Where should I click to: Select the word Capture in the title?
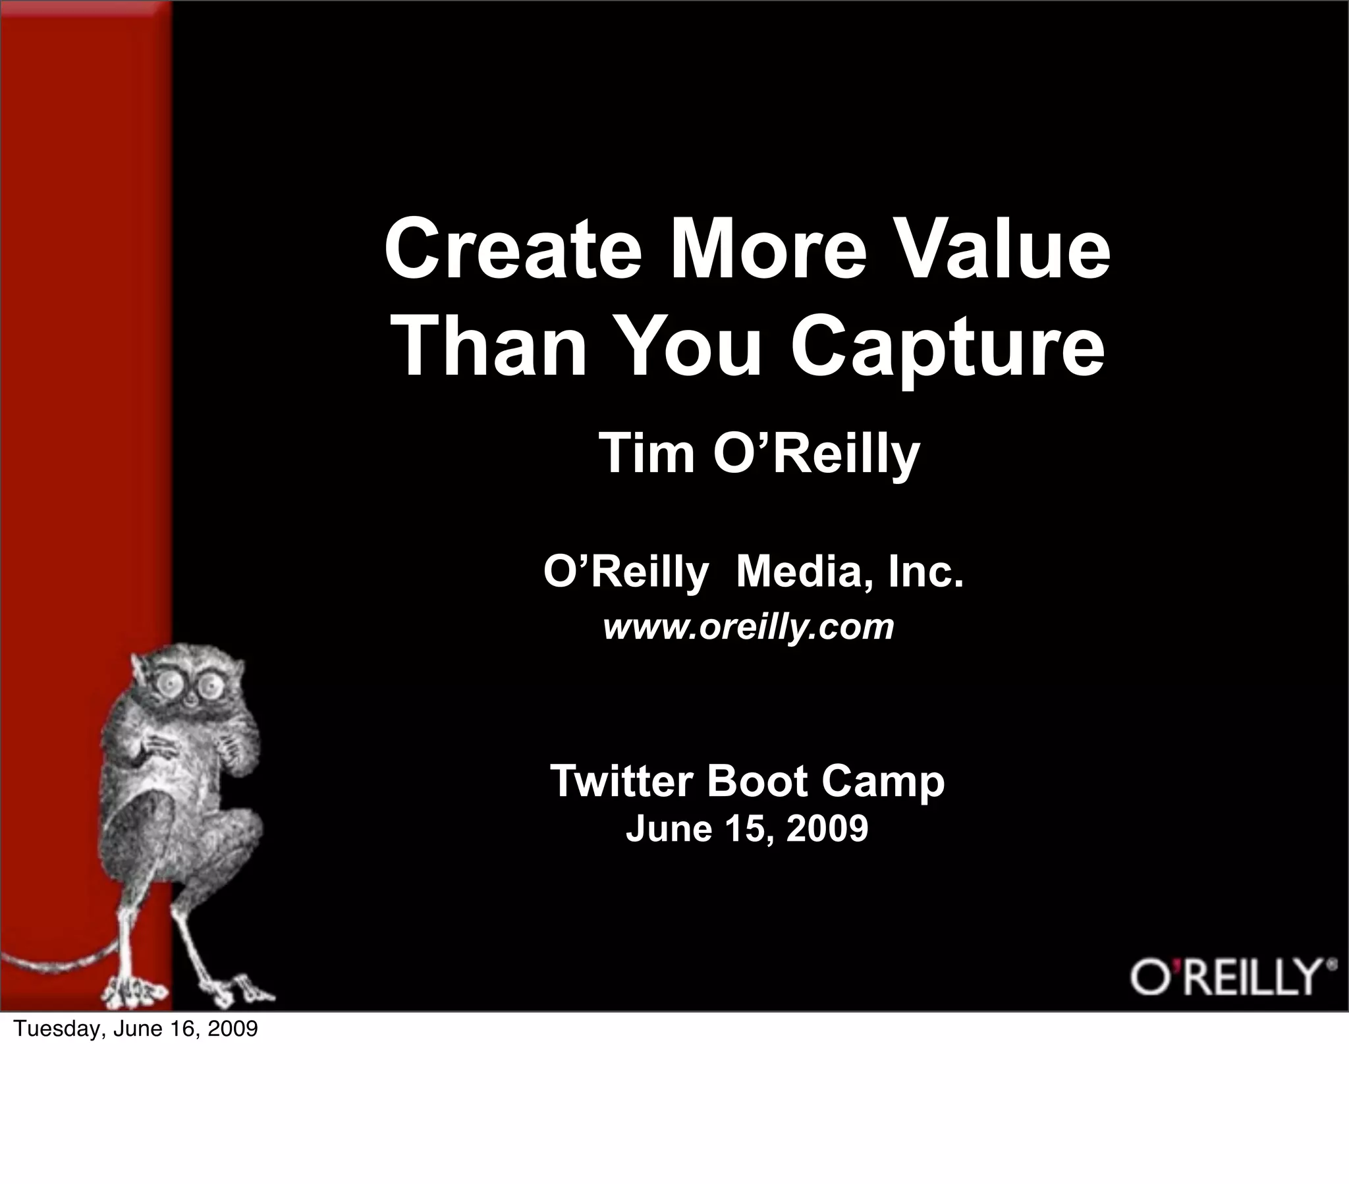pyautogui.click(x=948, y=348)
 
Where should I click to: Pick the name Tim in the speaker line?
pyautogui.click(x=646, y=454)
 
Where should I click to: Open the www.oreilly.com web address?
pyautogui.click(x=748, y=627)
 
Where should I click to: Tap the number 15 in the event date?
pyautogui.click(x=744, y=829)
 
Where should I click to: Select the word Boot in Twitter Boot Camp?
pyautogui.click(x=756, y=782)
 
